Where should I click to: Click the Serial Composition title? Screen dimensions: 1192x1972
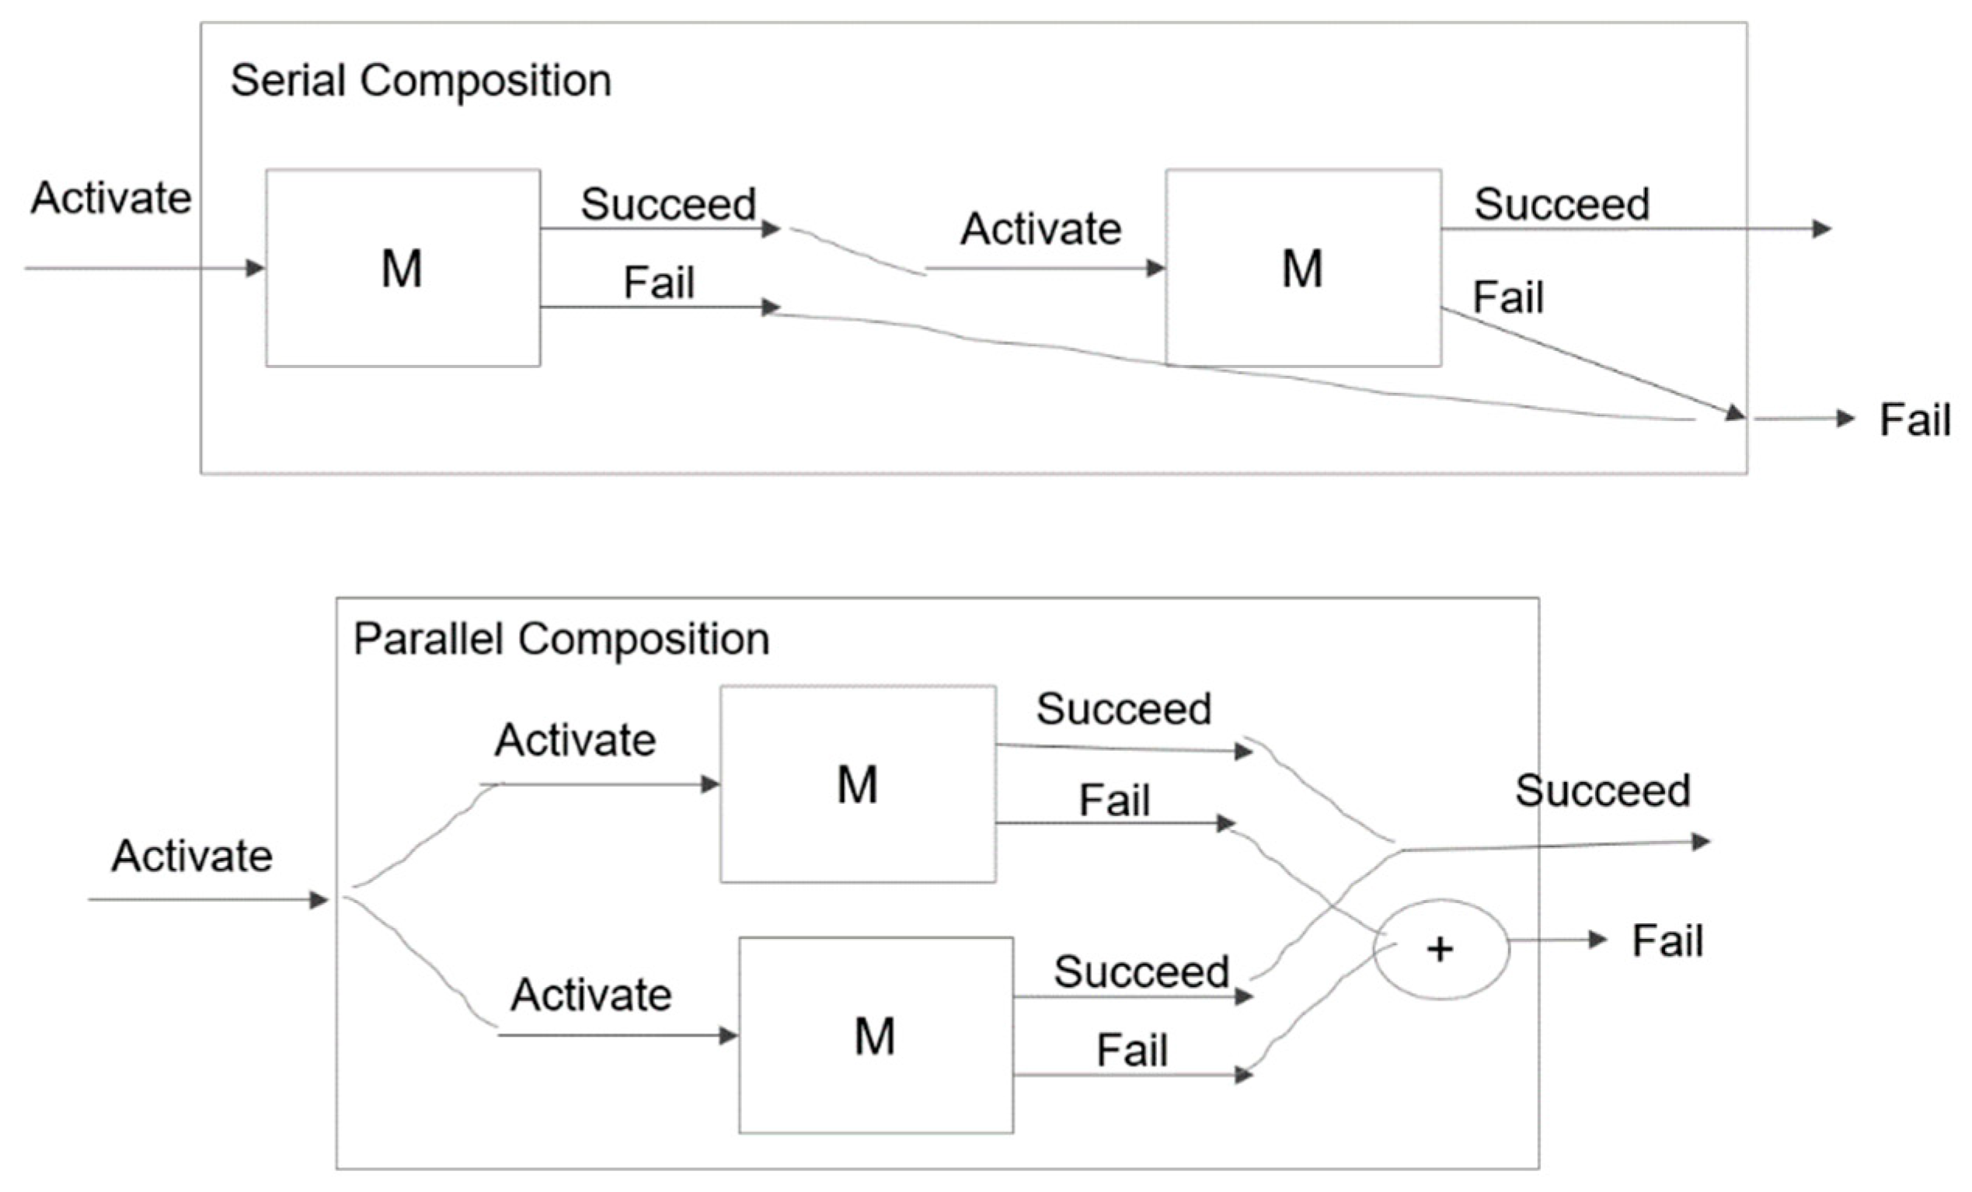tap(421, 81)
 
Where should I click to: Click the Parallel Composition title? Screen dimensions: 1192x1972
tap(561, 639)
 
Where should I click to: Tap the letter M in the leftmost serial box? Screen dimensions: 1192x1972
tap(402, 269)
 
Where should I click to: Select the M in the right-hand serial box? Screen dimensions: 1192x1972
tap(1302, 269)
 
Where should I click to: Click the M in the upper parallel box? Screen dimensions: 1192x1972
tap(857, 785)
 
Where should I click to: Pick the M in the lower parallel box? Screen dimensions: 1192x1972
tap(875, 1037)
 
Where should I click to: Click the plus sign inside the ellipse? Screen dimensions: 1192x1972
tap(1440, 950)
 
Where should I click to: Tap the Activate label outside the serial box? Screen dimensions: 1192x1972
tap(110, 198)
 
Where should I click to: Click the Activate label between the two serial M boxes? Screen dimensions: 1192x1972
tap(1040, 230)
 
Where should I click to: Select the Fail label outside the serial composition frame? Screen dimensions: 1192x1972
tap(1914, 420)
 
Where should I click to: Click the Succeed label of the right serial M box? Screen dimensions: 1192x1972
tap(1562, 204)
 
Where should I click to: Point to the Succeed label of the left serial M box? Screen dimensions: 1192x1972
tap(668, 204)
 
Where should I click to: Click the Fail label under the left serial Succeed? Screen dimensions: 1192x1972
tap(659, 283)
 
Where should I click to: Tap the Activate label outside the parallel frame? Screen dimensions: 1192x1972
tap(192, 856)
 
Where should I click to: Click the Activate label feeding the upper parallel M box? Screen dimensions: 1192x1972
tap(576, 740)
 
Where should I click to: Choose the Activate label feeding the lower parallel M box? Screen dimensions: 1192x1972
tap(591, 996)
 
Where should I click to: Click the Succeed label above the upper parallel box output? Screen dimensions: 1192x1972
tap(1124, 709)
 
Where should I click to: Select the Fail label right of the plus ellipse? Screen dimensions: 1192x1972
tap(1667, 941)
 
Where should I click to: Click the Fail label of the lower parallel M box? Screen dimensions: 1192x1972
tap(1131, 1051)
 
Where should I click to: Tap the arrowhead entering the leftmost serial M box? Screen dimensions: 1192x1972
tap(256, 268)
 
